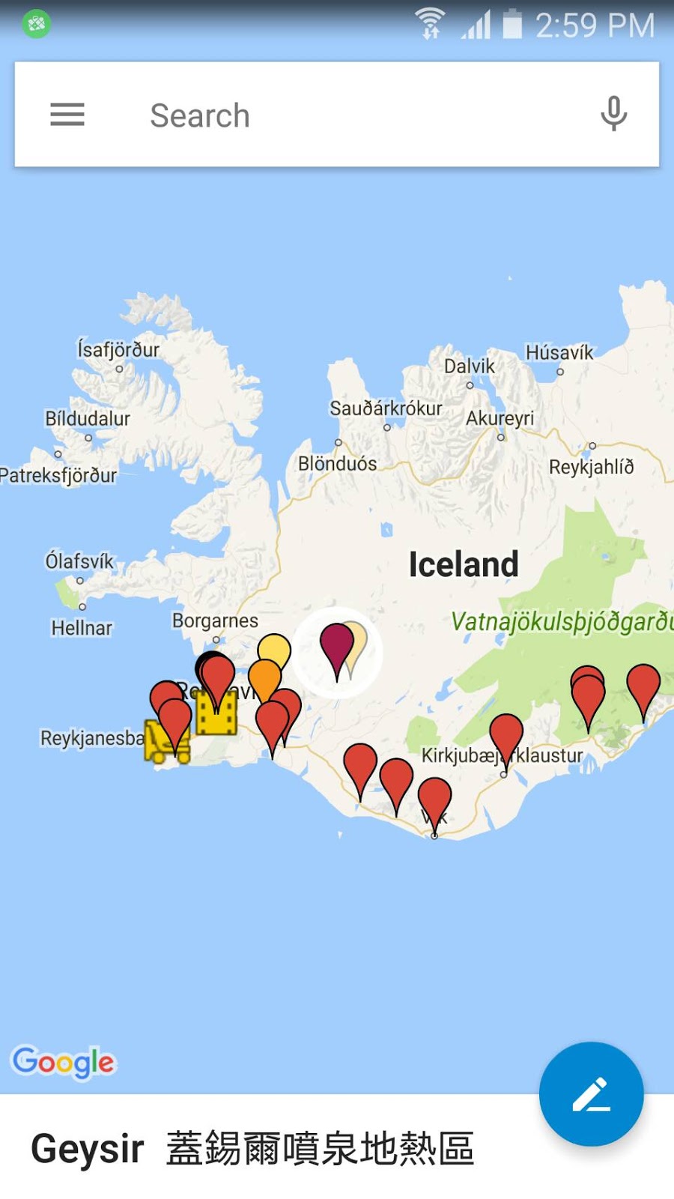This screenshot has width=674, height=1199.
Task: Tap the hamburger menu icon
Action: coord(67,115)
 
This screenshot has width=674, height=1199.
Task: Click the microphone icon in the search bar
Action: coord(613,114)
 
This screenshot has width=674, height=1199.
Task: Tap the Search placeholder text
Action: coord(200,116)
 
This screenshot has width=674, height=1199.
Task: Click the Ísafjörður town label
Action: coord(118,349)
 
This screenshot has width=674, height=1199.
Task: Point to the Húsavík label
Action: coord(559,352)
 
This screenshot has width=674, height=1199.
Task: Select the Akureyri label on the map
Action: coord(500,418)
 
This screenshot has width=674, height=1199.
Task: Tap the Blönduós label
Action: coord(338,464)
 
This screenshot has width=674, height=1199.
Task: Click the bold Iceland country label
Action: coord(464,564)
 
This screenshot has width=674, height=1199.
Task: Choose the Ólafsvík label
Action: coord(79,561)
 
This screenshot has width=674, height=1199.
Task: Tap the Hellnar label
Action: coord(82,628)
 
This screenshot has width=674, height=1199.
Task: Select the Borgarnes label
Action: coord(215,620)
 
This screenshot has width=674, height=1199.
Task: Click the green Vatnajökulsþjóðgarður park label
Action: coord(562,621)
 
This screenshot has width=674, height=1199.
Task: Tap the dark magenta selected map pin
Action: coord(337,644)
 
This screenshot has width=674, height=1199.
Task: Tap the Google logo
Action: coord(64,1062)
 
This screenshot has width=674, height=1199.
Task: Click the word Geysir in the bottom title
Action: coord(88,1149)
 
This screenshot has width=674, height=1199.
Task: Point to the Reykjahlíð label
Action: coord(592,467)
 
